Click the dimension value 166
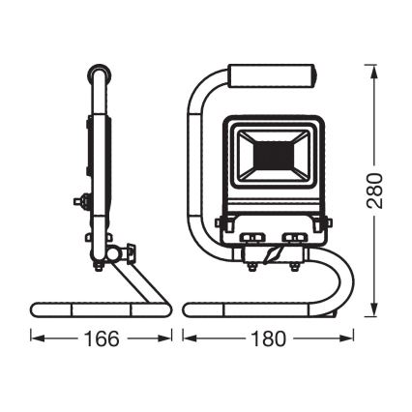point(103,339)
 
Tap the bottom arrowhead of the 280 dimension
point(373,316)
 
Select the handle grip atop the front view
point(270,75)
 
